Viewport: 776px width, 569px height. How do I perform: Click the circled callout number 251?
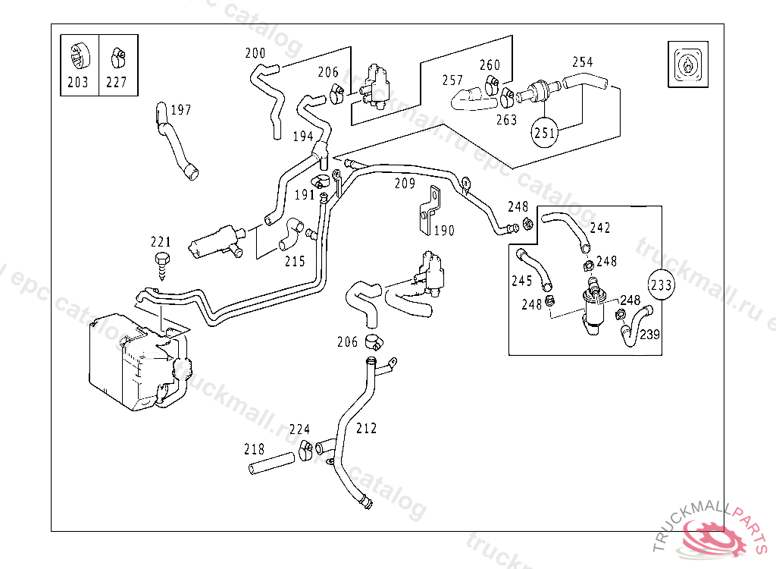545,133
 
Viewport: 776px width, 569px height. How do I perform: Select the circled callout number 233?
661,285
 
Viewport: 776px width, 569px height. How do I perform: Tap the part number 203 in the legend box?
78,83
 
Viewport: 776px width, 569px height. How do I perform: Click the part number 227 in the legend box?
116,83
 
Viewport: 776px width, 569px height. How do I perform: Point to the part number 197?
180,110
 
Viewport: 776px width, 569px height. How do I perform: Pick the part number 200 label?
255,53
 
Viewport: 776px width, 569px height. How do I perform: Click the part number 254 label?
582,62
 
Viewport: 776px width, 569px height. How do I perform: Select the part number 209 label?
405,184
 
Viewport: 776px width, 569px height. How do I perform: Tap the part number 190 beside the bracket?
444,231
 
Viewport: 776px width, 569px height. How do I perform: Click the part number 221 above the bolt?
161,243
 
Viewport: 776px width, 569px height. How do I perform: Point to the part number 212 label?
366,429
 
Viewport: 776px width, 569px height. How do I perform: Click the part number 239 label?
649,335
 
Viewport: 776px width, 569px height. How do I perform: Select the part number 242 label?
599,228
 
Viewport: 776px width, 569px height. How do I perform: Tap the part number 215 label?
295,262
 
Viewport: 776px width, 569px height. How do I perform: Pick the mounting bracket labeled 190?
429,209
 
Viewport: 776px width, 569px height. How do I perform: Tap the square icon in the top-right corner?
687,64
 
